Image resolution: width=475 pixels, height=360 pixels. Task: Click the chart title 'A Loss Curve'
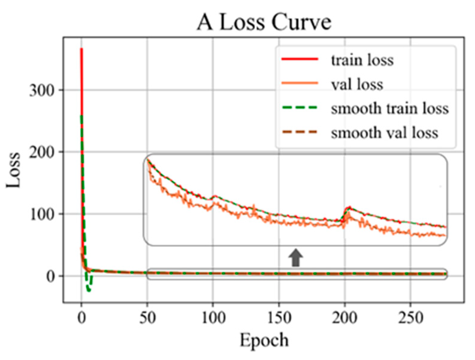[264, 23]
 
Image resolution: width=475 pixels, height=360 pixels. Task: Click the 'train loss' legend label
[362, 60]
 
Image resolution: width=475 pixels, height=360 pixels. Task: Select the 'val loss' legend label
[357, 84]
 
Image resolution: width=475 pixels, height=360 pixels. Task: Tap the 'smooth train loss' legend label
[390, 108]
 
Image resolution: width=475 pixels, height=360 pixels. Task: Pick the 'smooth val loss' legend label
[384, 133]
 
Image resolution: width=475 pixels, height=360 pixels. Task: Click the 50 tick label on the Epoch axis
[147, 318]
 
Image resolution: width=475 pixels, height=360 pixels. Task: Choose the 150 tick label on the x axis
[279, 318]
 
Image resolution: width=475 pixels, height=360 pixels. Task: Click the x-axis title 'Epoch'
[264, 340]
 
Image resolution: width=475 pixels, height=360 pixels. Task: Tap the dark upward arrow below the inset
[296, 257]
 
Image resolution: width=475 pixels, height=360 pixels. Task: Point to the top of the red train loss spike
[81, 49]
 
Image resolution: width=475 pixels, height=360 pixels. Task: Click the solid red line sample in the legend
[300, 60]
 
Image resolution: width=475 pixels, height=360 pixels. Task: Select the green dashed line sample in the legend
[300, 108]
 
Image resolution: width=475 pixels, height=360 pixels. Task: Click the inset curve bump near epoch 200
[349, 208]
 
